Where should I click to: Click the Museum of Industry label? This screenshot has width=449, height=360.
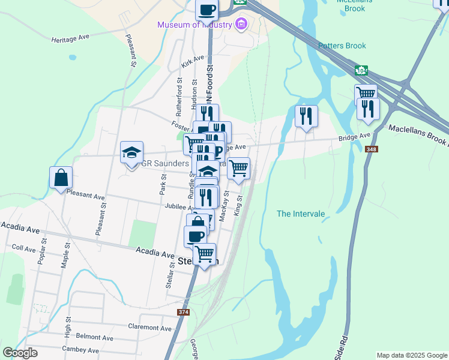pos(195,25)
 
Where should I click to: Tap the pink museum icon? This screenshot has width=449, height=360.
pos(241,25)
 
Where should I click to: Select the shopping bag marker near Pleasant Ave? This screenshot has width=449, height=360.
pos(61,178)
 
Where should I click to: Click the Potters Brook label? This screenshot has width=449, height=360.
pos(342,46)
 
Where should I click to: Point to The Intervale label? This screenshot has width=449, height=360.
pos(301,214)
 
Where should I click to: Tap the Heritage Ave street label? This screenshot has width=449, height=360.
pos(70,37)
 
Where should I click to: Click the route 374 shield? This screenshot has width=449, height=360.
pos(184,313)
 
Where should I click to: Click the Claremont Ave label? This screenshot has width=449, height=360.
pos(150,328)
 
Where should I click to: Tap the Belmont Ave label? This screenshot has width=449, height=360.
pos(95,338)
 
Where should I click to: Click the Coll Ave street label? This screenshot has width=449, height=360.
pos(24,248)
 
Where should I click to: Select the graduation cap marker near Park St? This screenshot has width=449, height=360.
pos(132,152)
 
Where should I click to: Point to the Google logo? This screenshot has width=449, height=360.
pos(20,353)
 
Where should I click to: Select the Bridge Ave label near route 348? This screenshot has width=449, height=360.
pos(354,137)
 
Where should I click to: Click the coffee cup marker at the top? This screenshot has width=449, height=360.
pos(208,10)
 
